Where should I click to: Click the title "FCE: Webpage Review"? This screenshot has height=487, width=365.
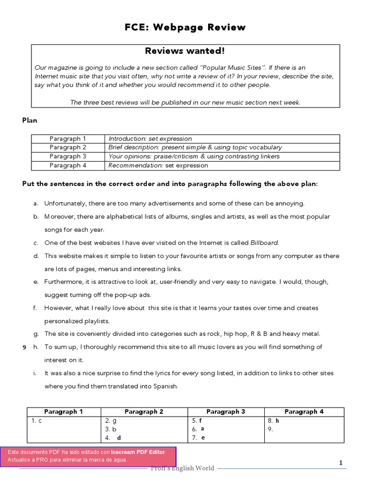(185, 28)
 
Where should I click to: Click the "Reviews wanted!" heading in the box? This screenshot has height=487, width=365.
(185, 51)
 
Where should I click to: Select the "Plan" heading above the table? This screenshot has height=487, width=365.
(29, 120)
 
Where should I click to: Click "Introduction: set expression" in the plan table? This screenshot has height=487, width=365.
(150, 139)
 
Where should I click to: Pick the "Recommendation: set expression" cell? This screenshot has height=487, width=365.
(158, 166)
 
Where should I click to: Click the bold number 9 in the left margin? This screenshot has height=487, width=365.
(24, 348)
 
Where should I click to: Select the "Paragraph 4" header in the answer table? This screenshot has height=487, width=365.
(304, 412)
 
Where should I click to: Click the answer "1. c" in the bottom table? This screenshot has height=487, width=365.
(37, 421)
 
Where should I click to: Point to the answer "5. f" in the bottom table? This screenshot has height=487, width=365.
(197, 421)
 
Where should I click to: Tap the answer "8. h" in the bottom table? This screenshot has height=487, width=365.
(274, 421)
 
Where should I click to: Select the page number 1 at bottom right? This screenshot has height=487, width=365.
(340, 463)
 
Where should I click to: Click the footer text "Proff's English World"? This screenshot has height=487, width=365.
(182, 468)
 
